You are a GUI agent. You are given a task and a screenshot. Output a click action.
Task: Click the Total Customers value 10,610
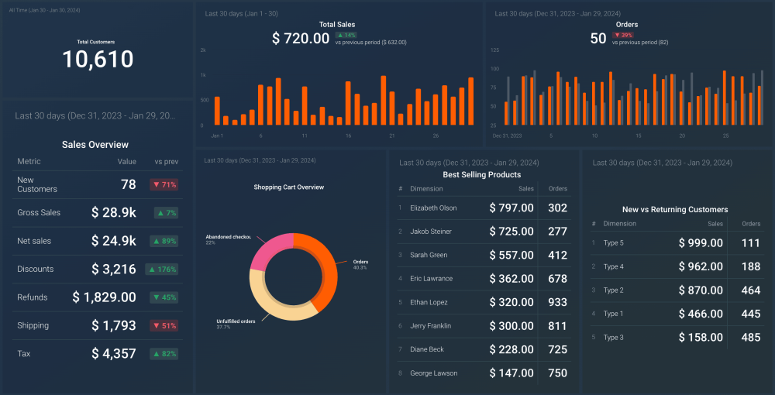click(98, 60)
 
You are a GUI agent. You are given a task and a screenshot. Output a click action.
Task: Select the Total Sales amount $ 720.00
click(301, 39)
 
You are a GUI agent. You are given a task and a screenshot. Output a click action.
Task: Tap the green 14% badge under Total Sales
click(346, 35)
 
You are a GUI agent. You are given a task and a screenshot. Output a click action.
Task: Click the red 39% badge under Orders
click(623, 35)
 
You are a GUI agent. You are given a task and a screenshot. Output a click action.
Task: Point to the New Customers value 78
click(128, 184)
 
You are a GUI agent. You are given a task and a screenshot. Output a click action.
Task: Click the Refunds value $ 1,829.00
click(105, 297)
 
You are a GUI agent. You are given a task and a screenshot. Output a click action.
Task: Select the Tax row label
click(24, 354)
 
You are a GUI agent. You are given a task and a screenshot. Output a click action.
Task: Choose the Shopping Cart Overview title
click(289, 187)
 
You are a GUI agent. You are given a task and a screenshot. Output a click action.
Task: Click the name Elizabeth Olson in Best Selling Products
click(433, 208)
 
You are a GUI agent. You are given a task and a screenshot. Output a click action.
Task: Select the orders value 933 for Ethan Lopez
click(557, 302)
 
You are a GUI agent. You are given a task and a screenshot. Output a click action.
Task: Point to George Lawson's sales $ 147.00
click(511, 373)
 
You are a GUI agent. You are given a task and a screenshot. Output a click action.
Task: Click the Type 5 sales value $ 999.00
click(701, 243)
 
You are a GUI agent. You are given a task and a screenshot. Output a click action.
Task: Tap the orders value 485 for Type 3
click(750, 338)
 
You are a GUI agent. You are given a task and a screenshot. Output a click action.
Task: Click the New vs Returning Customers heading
click(675, 209)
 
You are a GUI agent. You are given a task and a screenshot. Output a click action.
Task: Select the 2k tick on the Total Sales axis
click(203, 50)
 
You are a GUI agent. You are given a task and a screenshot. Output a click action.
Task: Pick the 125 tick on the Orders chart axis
click(494, 50)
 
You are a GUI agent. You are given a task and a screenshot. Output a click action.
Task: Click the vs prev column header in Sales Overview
click(166, 162)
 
